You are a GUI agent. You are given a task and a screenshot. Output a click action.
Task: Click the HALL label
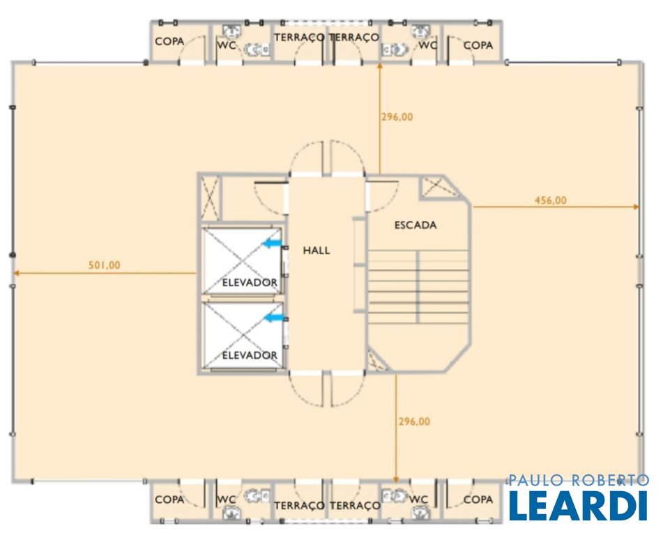(x=317, y=250)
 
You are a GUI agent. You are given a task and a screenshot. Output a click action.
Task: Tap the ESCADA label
(x=416, y=225)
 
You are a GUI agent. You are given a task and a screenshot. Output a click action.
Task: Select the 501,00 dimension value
(x=104, y=265)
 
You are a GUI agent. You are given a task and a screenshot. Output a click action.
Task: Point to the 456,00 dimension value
(x=551, y=200)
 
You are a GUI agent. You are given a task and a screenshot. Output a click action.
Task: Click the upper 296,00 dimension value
(x=397, y=116)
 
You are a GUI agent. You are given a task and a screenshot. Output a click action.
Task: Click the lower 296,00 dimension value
(x=414, y=421)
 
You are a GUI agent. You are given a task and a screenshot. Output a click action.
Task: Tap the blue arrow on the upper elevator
(x=272, y=243)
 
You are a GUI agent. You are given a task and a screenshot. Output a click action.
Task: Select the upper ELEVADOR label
(x=250, y=282)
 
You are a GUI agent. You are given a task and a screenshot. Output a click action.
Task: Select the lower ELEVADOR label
(x=250, y=355)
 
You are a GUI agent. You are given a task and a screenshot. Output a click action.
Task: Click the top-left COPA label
(x=169, y=41)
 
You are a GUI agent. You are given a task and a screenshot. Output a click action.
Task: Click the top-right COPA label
(x=478, y=45)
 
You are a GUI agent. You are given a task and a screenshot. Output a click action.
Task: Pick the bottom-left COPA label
(x=169, y=499)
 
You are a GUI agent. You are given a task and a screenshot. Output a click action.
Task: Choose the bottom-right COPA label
(x=478, y=499)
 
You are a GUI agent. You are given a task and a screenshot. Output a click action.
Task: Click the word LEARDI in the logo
(x=578, y=505)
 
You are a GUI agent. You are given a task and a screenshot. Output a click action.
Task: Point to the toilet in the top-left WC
(x=255, y=49)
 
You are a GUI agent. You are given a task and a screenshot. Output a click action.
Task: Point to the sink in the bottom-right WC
(x=420, y=513)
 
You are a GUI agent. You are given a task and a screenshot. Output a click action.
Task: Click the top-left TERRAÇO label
(x=299, y=37)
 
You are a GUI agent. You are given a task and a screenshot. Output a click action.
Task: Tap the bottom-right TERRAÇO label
(x=355, y=505)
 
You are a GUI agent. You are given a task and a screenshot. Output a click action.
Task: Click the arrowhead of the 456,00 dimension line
(x=636, y=207)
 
